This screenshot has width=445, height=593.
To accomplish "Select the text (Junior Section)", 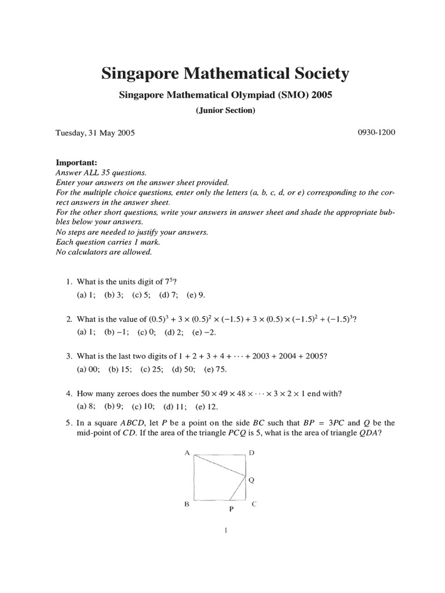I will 225,111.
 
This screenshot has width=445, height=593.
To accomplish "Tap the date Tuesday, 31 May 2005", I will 95,133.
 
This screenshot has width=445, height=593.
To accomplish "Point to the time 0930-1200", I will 377,133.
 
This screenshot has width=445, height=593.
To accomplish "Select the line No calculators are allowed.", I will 104,252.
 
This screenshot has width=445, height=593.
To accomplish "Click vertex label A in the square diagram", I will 187,453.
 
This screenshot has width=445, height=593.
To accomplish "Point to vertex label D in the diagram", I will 251,453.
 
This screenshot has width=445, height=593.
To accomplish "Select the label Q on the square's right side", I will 251,480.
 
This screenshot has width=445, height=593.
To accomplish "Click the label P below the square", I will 231,510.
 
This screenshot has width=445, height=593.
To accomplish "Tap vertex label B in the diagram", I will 187,504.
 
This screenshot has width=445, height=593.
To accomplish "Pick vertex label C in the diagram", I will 254,504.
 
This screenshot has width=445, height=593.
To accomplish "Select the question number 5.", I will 68,423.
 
